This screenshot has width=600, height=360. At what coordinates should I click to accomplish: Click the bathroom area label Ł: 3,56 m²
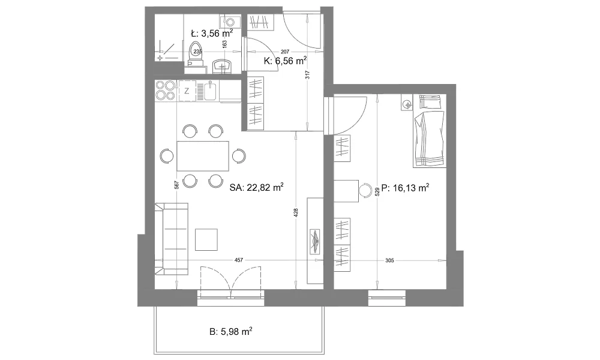pyautogui.click(x=212, y=33)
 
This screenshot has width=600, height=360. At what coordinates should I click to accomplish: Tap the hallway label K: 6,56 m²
pyautogui.click(x=285, y=61)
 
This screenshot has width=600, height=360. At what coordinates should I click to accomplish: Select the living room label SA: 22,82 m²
pyautogui.click(x=256, y=187)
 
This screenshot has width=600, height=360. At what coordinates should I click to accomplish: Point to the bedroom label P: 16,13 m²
pyautogui.click(x=405, y=188)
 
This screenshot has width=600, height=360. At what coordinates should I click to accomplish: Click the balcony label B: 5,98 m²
pyautogui.click(x=231, y=332)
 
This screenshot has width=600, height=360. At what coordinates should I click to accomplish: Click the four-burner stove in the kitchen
pyautogui.click(x=165, y=90)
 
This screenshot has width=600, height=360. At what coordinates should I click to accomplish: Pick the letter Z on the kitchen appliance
pyautogui.click(x=187, y=91)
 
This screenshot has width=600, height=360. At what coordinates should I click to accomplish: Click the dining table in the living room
pyautogui.click(x=203, y=156)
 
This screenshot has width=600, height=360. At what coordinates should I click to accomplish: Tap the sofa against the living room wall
pyautogui.click(x=172, y=239)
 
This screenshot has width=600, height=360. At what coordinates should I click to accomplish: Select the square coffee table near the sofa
pyautogui.click(x=206, y=239)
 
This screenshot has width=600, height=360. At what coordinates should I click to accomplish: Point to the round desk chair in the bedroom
pyautogui.click(x=365, y=190)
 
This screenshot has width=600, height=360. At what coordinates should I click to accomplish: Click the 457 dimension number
pyautogui.click(x=238, y=260)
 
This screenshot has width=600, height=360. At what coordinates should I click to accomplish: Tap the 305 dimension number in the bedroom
pyautogui.click(x=389, y=260)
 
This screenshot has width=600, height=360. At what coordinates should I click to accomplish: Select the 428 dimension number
pyautogui.click(x=296, y=213)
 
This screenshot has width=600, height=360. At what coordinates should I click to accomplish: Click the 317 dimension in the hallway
pyautogui.click(x=308, y=74)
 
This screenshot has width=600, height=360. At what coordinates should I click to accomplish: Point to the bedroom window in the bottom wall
pyautogui.click(x=387, y=298)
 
